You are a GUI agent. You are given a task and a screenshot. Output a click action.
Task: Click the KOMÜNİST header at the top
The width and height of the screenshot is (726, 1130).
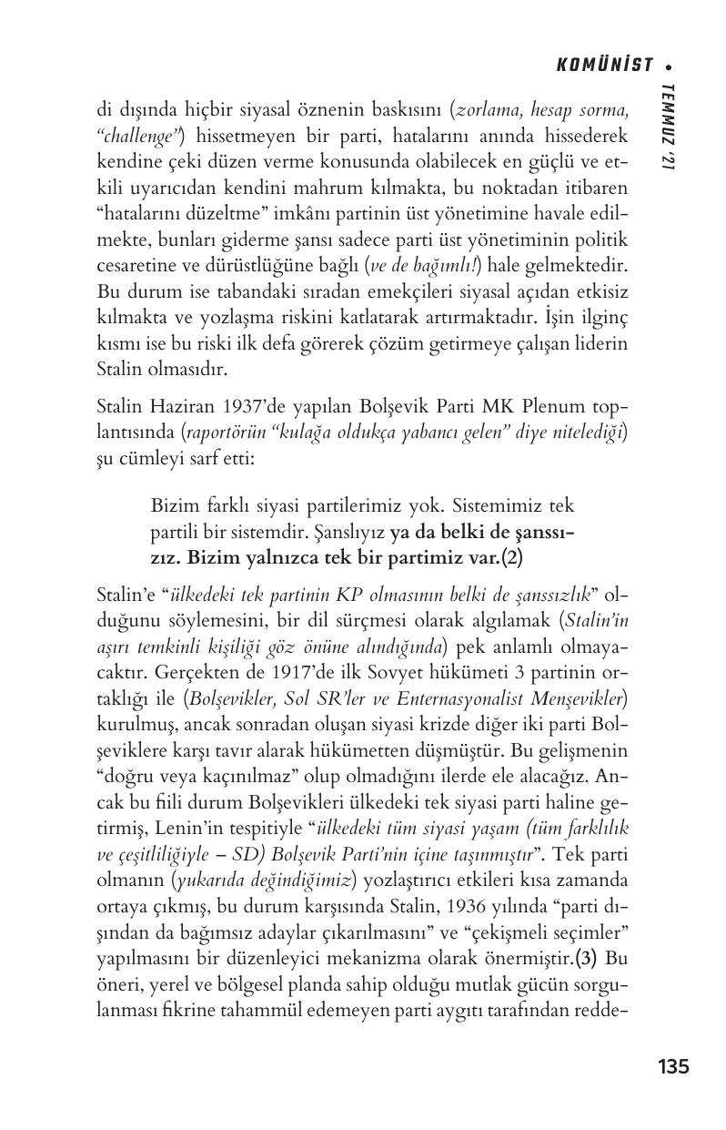604,65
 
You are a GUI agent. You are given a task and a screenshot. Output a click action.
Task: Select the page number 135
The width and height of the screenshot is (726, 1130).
673,1066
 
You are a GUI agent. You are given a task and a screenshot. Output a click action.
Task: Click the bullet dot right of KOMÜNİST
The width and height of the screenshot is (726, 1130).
669,66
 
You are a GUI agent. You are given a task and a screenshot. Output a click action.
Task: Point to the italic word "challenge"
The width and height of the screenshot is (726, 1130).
138,136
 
